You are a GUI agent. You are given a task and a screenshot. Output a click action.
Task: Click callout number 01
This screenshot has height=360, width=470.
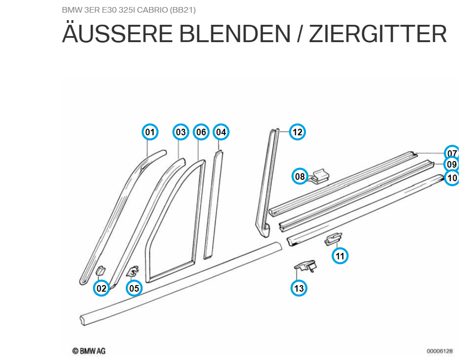(x=150, y=132)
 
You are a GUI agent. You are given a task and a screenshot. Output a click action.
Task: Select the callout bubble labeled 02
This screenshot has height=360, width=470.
(x=101, y=288)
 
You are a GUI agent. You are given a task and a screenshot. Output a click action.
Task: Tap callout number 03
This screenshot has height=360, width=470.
(x=181, y=132)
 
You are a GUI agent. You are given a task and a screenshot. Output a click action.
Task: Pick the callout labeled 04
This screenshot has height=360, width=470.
(x=221, y=132)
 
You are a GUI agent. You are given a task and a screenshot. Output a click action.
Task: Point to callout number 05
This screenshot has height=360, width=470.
(x=134, y=288)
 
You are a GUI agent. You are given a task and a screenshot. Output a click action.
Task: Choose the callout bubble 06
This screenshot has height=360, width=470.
(x=201, y=132)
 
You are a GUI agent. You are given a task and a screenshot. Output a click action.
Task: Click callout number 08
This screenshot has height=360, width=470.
(x=300, y=176)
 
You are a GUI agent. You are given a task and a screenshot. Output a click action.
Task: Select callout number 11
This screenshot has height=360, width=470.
(x=340, y=256)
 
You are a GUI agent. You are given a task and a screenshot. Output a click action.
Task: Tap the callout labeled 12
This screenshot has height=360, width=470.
(x=297, y=132)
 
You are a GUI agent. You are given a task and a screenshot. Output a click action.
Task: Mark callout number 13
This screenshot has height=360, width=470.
(x=299, y=288)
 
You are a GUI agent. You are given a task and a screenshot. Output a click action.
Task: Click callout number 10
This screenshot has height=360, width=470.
(x=452, y=178)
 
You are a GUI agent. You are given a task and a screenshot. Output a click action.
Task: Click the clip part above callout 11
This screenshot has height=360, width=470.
(x=333, y=239)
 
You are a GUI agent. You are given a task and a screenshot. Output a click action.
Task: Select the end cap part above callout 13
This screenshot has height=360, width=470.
(x=305, y=266)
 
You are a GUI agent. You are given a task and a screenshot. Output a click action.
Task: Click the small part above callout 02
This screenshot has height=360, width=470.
(x=101, y=270)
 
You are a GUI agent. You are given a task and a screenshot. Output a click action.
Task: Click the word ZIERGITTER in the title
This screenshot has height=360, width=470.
(x=377, y=34)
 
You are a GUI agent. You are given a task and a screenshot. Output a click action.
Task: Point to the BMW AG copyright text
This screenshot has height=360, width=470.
(x=89, y=351)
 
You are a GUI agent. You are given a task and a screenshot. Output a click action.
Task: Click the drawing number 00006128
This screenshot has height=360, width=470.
(x=440, y=351)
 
